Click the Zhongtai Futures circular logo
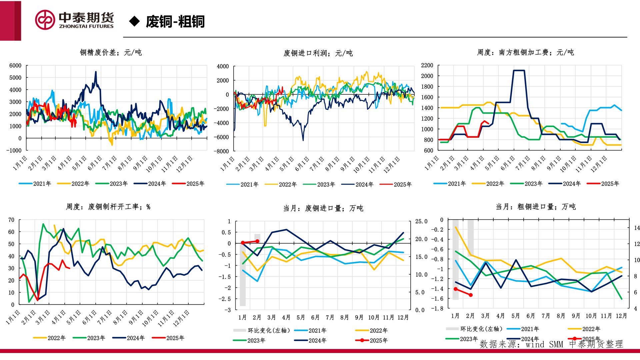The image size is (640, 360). pyautogui.click(x=45, y=20)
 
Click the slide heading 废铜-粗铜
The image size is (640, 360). pyautogui.click(x=175, y=22)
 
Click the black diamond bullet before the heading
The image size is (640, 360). pyautogui.click(x=134, y=21)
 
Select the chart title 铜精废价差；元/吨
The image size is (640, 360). pyautogui.click(x=111, y=52)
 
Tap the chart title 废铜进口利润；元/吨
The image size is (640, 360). pyautogui.click(x=318, y=53)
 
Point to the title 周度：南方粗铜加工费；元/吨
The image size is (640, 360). pyautogui.click(x=525, y=52)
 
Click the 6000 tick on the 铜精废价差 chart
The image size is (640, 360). pyautogui.click(x=15, y=66)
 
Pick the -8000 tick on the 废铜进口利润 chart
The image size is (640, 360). pyautogui.click(x=223, y=151)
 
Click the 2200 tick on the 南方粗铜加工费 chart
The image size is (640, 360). pyautogui.click(x=427, y=65)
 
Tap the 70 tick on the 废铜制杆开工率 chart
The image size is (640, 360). pyautogui.click(x=11, y=220)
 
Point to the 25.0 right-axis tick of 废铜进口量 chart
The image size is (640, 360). pyautogui.click(x=421, y=221)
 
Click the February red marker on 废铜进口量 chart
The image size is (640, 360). pyautogui.click(x=257, y=241)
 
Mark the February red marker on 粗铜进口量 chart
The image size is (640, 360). pyautogui.click(x=471, y=295)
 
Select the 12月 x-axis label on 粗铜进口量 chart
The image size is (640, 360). pyautogui.click(x=621, y=316)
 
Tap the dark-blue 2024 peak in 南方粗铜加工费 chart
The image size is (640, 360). pyautogui.click(x=519, y=71)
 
